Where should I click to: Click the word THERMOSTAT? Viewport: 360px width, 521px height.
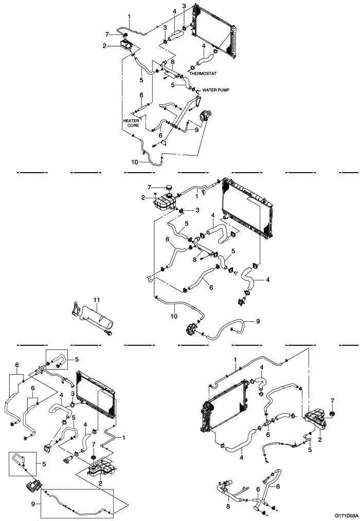203,73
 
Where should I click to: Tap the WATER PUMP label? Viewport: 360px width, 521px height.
217,89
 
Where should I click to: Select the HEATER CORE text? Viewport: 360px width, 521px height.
131,122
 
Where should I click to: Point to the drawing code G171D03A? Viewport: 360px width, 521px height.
346,514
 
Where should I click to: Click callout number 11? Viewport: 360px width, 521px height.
96,299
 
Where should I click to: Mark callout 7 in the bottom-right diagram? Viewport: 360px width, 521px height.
332,400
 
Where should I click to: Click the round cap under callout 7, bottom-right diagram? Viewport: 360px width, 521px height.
332,414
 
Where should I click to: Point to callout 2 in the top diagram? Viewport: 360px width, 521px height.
104,46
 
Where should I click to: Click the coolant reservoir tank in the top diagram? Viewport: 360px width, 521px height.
125,45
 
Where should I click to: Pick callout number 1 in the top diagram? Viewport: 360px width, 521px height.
129,17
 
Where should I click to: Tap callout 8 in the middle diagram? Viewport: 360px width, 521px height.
195,260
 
